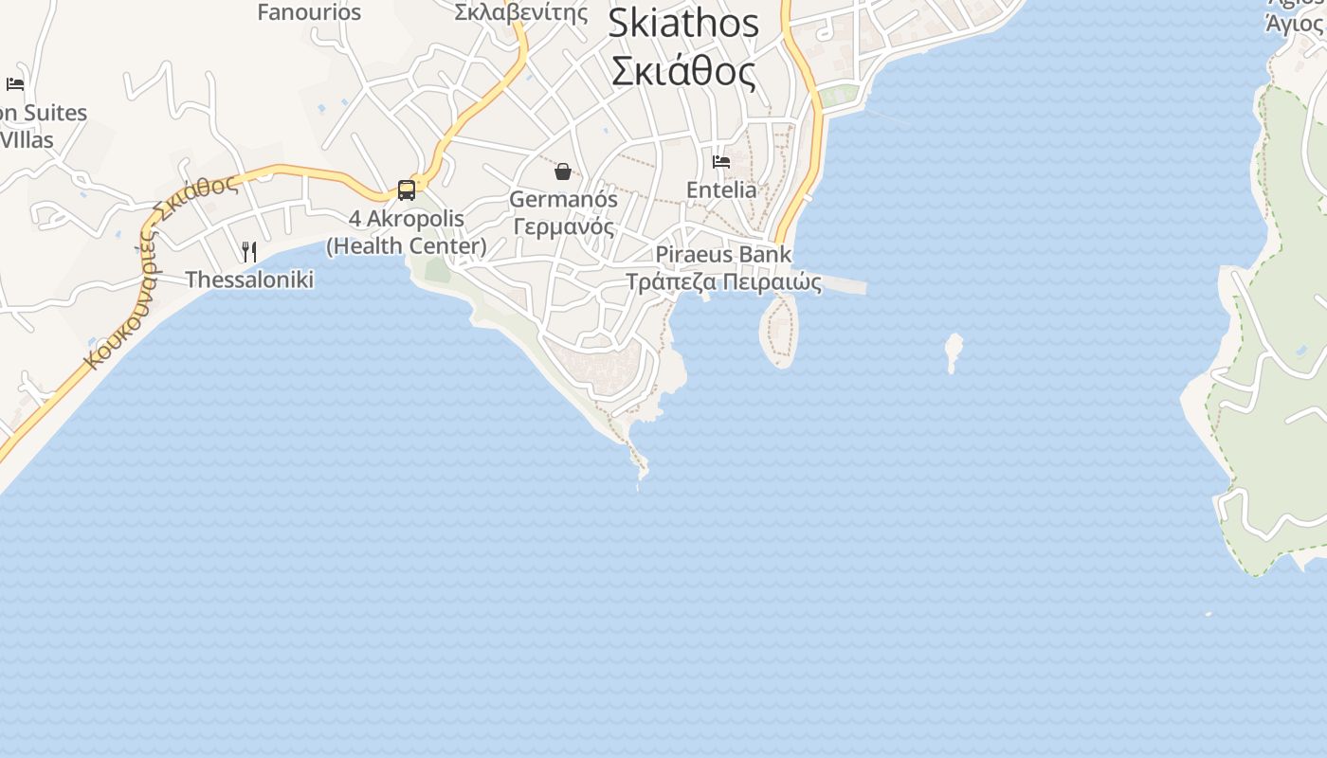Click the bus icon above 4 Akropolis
point(407,190)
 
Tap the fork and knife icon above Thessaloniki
point(249,252)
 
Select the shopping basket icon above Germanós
point(563,171)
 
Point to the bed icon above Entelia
point(721,162)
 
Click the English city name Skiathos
point(682,24)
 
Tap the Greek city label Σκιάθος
point(682,72)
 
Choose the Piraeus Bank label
point(723,255)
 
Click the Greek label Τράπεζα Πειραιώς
point(723,282)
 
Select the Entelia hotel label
point(721,190)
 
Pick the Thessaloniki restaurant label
point(249,280)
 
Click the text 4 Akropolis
point(407,219)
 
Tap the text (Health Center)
point(407,246)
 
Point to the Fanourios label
point(309,12)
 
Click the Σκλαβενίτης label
point(520,12)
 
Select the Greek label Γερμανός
point(563,227)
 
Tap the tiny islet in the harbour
point(954,352)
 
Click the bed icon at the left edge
point(15,84)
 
